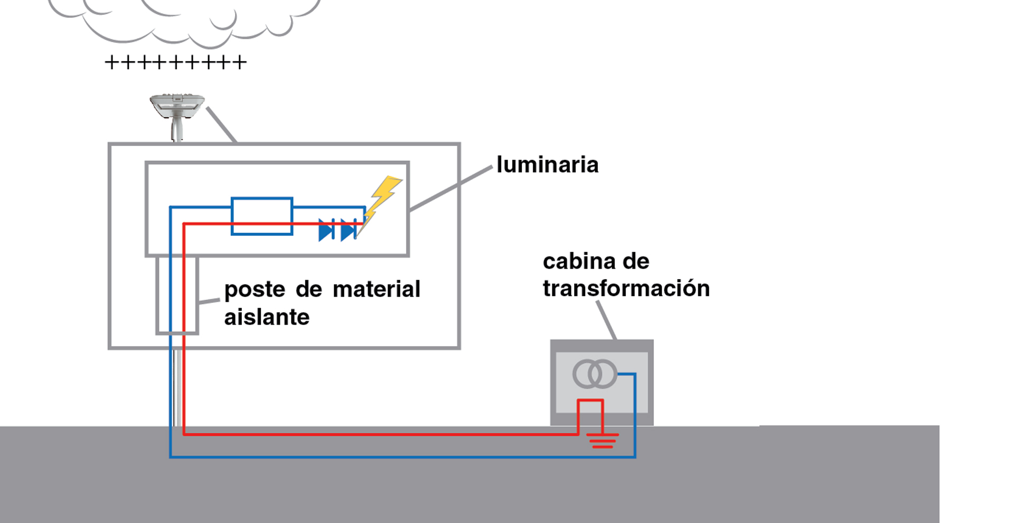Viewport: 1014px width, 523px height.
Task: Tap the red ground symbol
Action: tap(603, 440)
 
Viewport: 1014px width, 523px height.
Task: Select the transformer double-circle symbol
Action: tap(595, 374)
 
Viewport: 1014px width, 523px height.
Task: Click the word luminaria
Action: tap(547, 165)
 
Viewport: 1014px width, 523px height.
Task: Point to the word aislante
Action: tap(267, 317)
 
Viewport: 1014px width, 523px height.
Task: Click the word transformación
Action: tap(626, 289)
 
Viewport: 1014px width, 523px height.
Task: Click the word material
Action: tap(377, 289)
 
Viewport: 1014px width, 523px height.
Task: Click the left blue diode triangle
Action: tap(326, 230)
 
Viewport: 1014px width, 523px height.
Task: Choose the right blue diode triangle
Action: tap(348, 230)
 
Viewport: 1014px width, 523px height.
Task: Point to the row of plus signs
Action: tap(175, 62)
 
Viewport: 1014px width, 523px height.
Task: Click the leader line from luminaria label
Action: tap(450, 188)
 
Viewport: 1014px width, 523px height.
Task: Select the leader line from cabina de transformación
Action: tap(606, 320)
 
